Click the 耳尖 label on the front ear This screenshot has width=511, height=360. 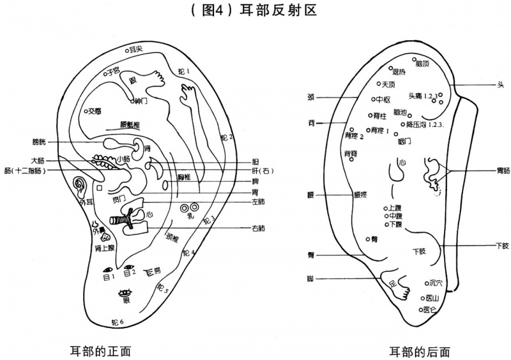pyautogui.click(x=135, y=49)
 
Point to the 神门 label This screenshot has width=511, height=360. pyautogui.click(x=141, y=100)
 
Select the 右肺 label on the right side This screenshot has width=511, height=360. pyautogui.click(x=258, y=228)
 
